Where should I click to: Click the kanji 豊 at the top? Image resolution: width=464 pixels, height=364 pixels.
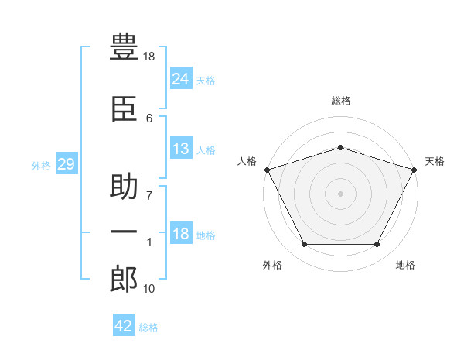point(125,47)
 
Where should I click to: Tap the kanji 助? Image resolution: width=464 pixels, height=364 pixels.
point(125,188)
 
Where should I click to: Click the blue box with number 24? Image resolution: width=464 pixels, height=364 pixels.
point(180,78)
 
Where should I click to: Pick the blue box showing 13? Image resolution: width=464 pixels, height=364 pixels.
point(180,149)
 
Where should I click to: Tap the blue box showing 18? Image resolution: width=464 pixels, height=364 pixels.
point(180,235)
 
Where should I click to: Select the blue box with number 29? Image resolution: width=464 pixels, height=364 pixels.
point(66,164)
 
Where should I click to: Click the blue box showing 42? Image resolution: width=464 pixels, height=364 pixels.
point(124,326)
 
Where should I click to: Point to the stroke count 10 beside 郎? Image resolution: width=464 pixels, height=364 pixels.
point(149,289)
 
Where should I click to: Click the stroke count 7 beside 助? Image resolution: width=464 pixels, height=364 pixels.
point(149,196)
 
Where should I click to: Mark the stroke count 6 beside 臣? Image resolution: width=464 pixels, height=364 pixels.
point(149,118)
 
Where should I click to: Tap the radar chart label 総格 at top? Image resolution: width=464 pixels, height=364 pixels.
point(341,101)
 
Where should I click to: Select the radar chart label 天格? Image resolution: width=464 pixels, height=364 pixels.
point(435,161)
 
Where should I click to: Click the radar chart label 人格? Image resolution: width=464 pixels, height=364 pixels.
point(247,161)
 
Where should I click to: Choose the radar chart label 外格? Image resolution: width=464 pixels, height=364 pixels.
point(272,265)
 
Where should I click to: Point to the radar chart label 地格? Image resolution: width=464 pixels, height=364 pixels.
point(405,265)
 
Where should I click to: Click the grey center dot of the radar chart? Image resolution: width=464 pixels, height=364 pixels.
point(340,193)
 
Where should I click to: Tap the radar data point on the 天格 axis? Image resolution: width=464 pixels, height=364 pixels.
point(415,169)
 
